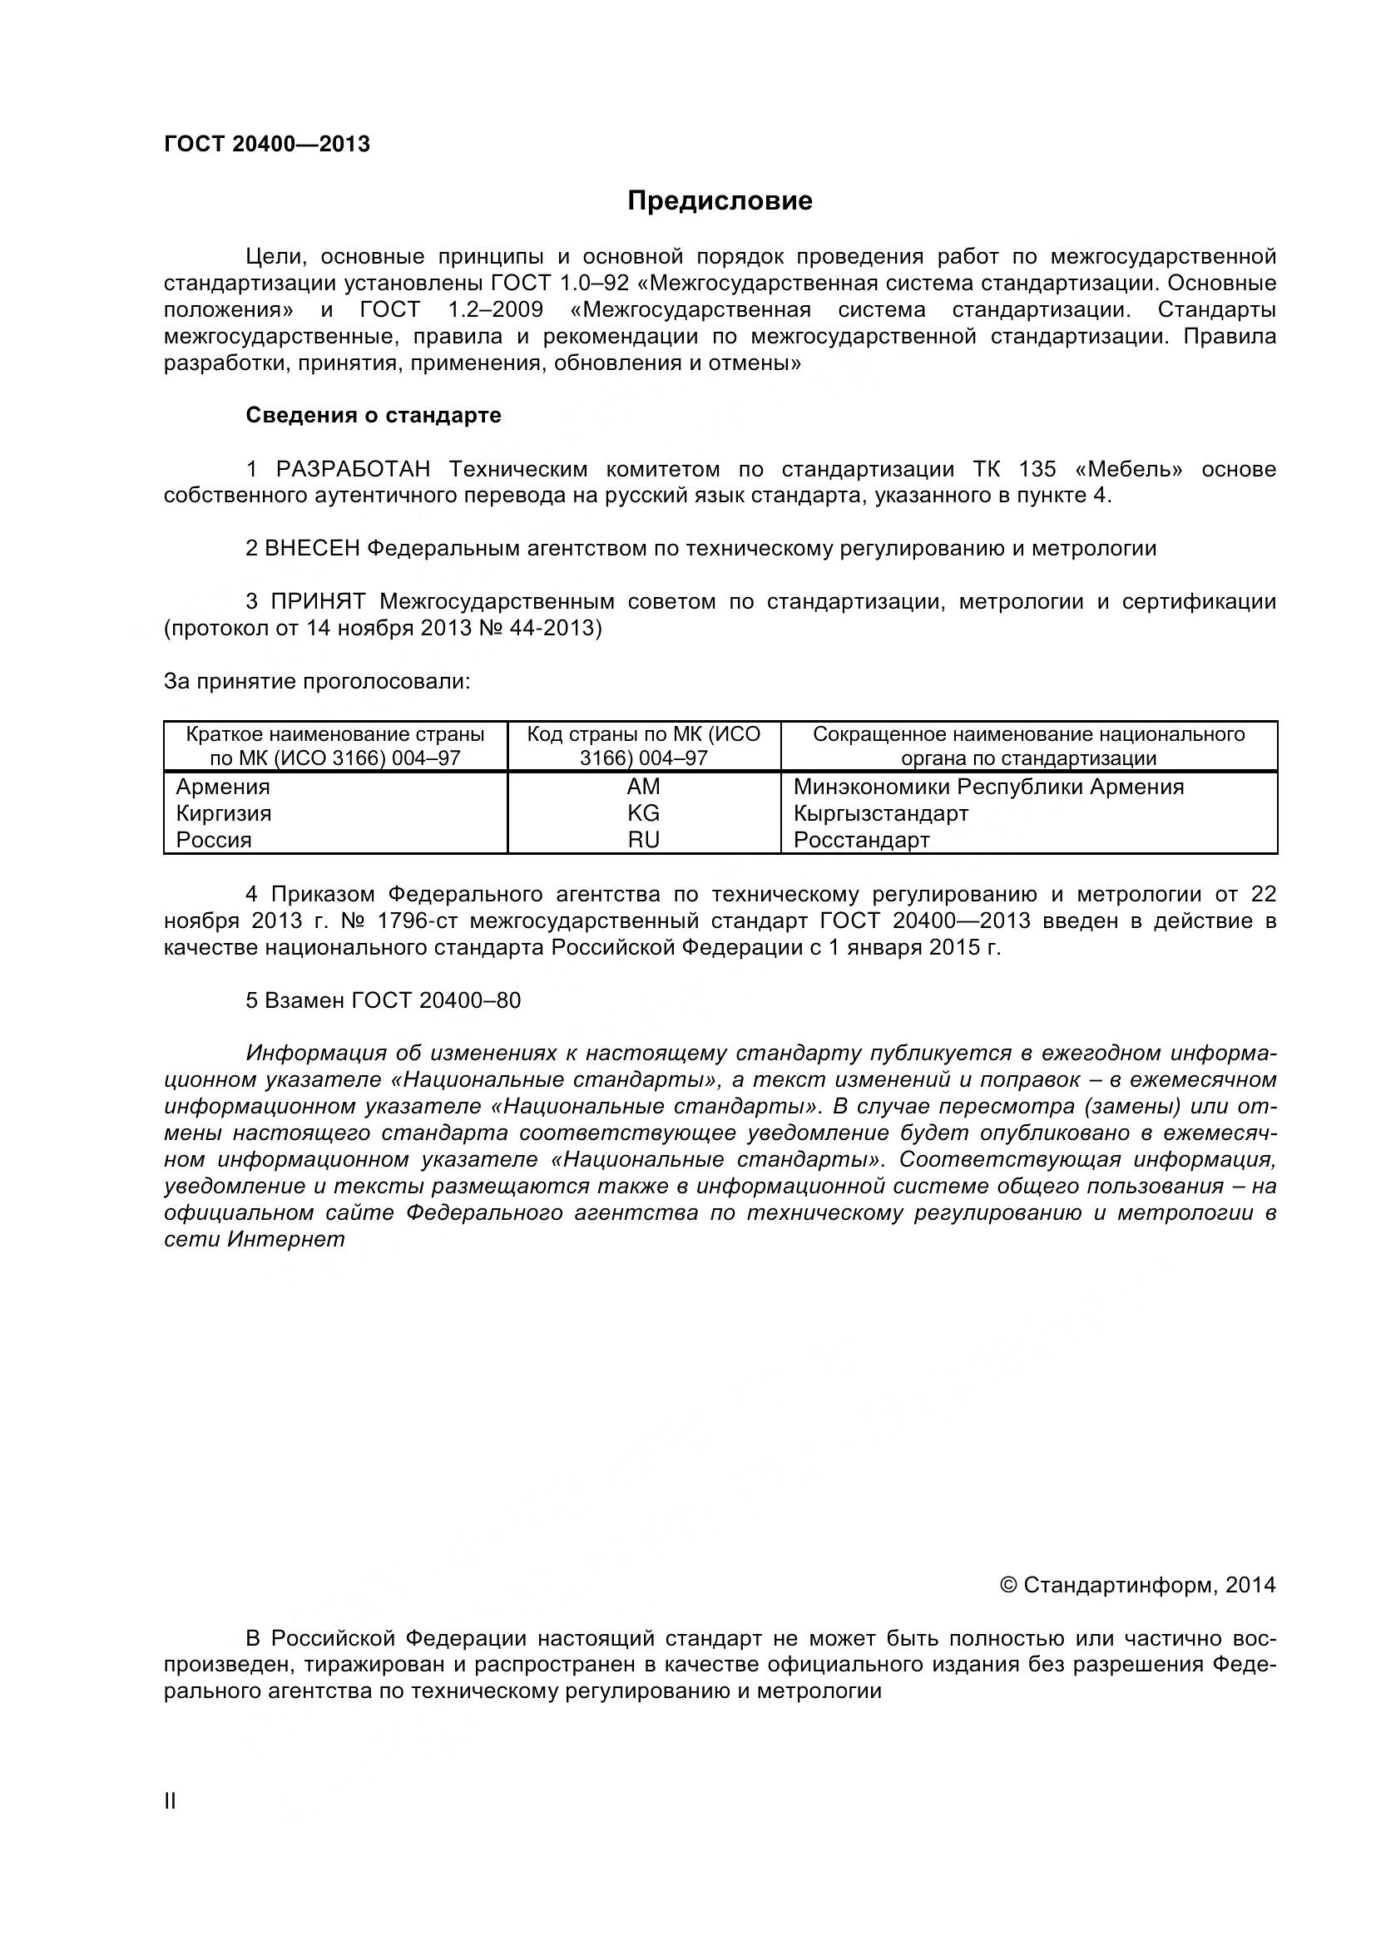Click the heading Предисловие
[720, 200]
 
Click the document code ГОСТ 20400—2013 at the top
[267, 144]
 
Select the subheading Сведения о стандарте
[373, 415]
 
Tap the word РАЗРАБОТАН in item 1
[353, 468]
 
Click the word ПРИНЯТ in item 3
[319, 601]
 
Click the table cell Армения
[223, 786]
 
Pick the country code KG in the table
[643, 813]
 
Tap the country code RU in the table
[643, 840]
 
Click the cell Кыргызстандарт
[880, 813]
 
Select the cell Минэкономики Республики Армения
[988, 786]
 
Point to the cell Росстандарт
[861, 840]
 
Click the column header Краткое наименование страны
[335, 733]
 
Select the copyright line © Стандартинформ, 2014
[1137, 1584]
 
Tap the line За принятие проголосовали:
[316, 681]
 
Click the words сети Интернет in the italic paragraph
[255, 1238]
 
